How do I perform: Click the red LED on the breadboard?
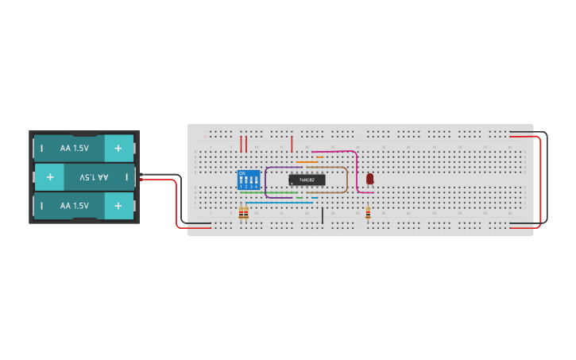[369, 179]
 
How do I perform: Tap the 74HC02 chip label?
[307, 180]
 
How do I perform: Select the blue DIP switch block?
[249, 180]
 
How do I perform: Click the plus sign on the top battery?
[118, 148]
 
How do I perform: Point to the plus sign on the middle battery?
[50, 176]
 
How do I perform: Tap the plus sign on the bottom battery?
[118, 205]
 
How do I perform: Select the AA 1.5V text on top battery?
[75, 148]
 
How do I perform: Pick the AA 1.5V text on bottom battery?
[75, 205]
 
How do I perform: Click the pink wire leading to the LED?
[357, 171]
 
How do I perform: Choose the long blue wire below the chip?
[278, 203]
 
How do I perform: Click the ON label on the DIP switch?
[242, 172]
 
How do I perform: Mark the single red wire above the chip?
[292, 143]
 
